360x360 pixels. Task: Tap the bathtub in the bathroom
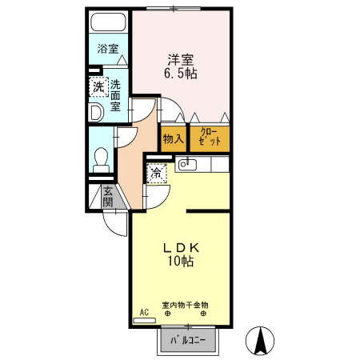(109, 23)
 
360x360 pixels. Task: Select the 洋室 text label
(180, 58)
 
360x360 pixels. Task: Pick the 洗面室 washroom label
(116, 95)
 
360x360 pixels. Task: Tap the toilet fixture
(102, 158)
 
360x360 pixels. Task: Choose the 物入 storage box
(174, 138)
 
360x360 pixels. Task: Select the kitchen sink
(186, 164)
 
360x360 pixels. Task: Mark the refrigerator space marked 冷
(157, 173)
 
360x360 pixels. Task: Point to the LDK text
(182, 246)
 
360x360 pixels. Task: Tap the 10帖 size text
(182, 261)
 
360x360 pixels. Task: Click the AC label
(144, 311)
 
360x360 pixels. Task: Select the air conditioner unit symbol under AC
(144, 319)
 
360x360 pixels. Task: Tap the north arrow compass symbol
(260, 342)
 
